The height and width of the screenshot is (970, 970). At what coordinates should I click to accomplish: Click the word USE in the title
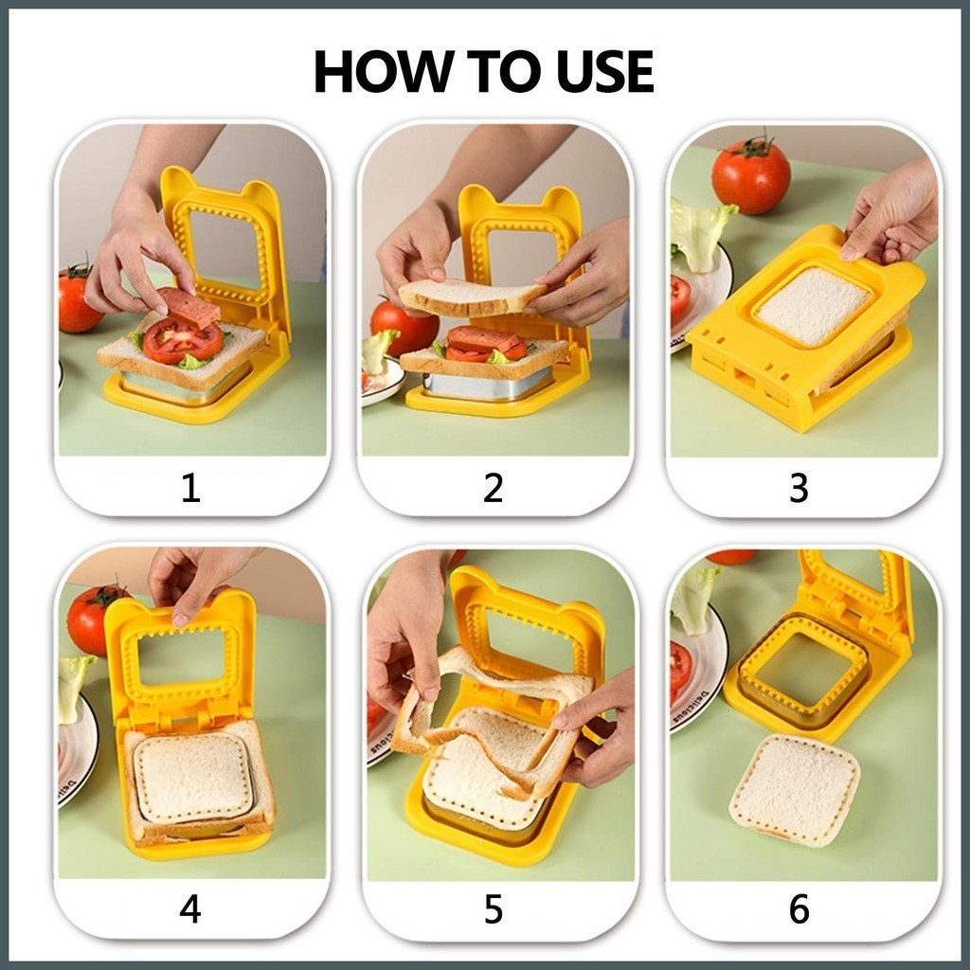(604, 71)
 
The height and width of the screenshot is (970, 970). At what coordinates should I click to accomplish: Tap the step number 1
(190, 488)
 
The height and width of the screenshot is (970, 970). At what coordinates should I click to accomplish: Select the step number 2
(493, 488)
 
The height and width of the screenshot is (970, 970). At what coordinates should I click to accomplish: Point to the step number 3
(799, 488)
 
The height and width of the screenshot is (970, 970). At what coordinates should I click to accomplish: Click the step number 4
(189, 909)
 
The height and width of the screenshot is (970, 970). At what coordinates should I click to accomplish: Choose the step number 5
(493, 909)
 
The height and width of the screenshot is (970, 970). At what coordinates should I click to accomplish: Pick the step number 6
(799, 909)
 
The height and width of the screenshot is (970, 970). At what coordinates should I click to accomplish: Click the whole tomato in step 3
(751, 175)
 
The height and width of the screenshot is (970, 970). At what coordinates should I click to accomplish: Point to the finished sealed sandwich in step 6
(795, 789)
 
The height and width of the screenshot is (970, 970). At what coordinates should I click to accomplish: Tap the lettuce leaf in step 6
(692, 600)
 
